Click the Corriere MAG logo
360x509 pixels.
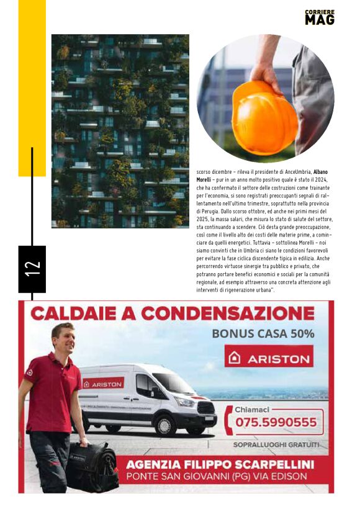click(320, 17)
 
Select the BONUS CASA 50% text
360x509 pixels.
click(263, 333)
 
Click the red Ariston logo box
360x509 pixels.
click(269, 358)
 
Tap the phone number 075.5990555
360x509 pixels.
click(276, 423)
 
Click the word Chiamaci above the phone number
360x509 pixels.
click(252, 410)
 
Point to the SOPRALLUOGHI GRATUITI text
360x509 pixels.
click(276, 444)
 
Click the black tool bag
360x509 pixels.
click(93, 466)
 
